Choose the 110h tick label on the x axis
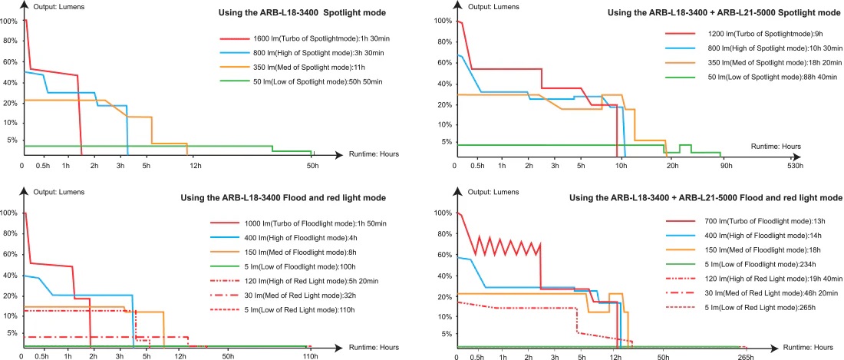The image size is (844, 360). coord(310,358)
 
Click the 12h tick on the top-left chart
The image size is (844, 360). coord(195,167)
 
